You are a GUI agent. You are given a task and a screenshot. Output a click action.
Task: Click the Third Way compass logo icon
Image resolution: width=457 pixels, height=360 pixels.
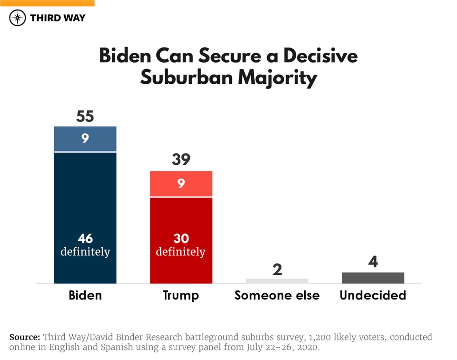pyautogui.click(x=18, y=18)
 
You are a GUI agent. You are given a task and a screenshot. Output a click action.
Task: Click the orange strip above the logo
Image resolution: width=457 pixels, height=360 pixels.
pyautogui.click(x=47, y=3)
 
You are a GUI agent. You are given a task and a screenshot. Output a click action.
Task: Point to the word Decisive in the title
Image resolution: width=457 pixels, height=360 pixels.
pyautogui.click(x=320, y=56)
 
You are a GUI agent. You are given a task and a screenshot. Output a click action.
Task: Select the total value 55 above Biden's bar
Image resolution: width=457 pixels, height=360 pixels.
pyautogui.click(x=85, y=117)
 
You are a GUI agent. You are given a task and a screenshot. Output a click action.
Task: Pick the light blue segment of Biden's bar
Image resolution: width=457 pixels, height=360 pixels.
pyautogui.click(x=85, y=139)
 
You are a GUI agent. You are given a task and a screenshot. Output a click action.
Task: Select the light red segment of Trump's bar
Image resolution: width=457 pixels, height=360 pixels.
pyautogui.click(x=181, y=183)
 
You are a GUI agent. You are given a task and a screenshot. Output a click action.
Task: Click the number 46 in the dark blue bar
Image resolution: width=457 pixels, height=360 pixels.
pyautogui.click(x=85, y=239)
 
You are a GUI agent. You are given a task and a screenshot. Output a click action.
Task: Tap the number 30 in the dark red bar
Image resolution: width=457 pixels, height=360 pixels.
pyautogui.click(x=181, y=239)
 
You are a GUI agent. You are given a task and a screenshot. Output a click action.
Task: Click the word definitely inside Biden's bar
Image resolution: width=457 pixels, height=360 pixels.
pyautogui.click(x=85, y=251)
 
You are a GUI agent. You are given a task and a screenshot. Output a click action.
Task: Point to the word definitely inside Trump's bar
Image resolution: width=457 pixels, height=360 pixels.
pyautogui.click(x=181, y=251)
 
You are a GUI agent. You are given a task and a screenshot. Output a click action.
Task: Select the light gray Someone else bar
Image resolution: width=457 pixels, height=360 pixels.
pyautogui.click(x=277, y=280)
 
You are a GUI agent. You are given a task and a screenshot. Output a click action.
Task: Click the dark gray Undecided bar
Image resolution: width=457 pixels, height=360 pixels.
pyautogui.click(x=373, y=278)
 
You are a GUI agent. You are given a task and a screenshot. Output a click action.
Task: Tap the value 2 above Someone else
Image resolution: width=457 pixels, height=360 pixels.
pyautogui.click(x=277, y=270)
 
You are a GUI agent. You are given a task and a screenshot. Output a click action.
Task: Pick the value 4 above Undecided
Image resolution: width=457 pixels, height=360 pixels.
pyautogui.click(x=373, y=262)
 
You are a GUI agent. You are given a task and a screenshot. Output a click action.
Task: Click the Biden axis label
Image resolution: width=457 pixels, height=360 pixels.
pyautogui.click(x=85, y=295)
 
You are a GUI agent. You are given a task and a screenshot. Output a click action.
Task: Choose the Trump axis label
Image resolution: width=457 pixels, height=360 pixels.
pyautogui.click(x=181, y=295)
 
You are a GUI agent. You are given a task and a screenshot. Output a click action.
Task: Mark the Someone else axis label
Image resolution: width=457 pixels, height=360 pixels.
pyautogui.click(x=277, y=295)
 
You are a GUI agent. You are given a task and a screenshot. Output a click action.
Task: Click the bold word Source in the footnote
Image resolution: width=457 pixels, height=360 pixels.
pyautogui.click(x=25, y=337)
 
